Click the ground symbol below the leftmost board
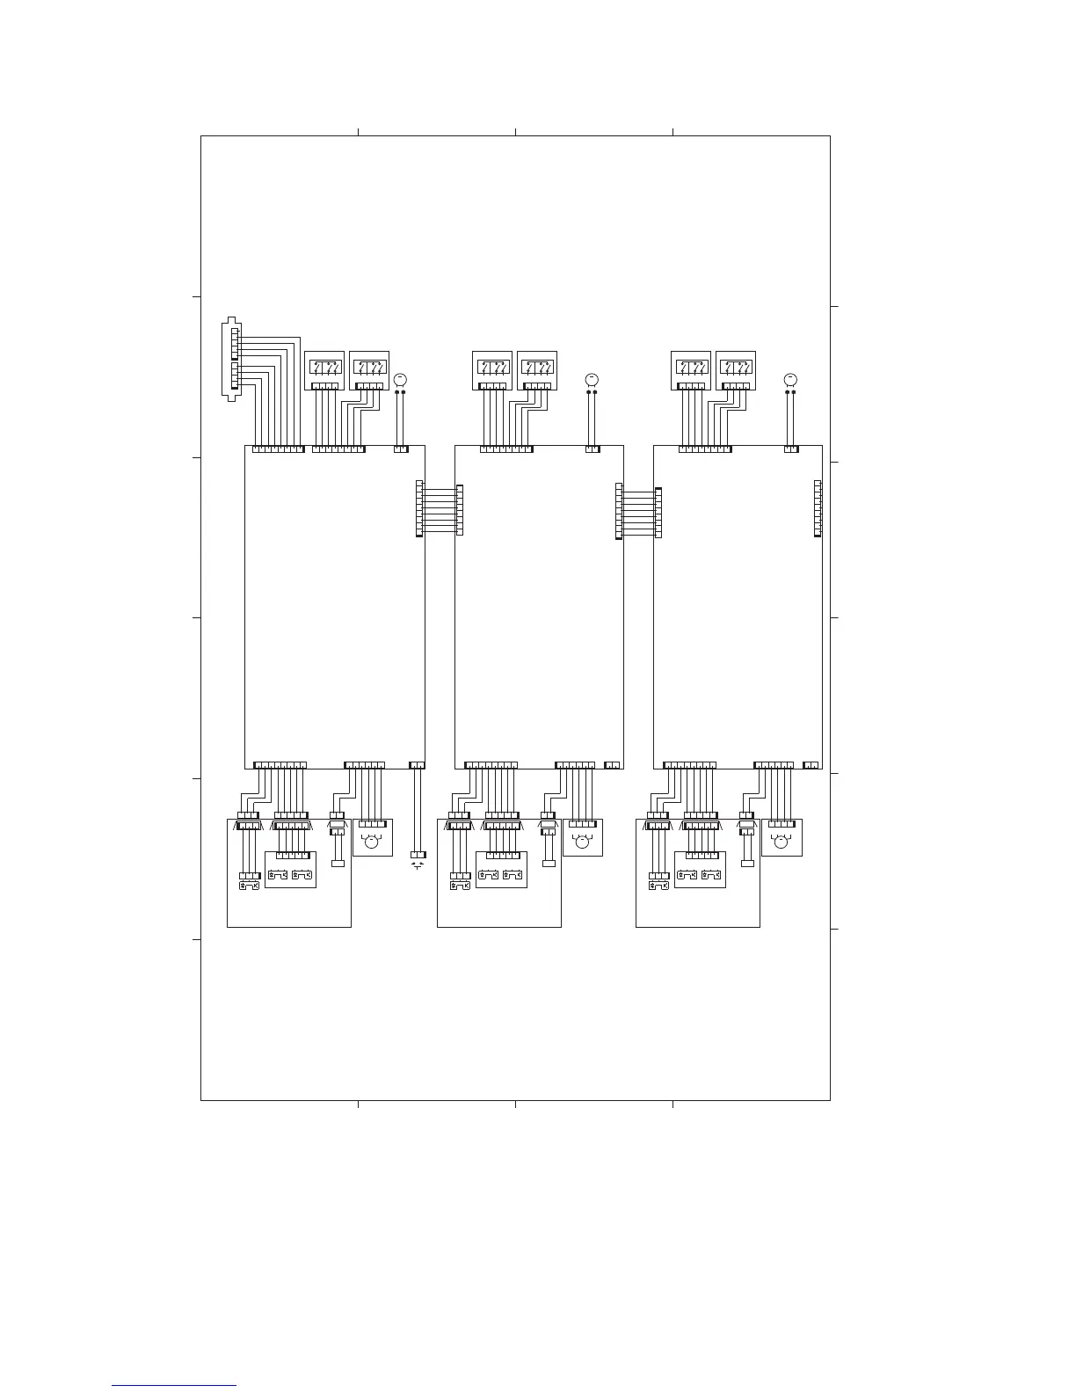click(x=418, y=866)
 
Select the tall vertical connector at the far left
click(x=231, y=360)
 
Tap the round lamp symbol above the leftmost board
click(x=400, y=379)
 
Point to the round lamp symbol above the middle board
click(x=591, y=379)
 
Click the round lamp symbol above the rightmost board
click(x=789, y=379)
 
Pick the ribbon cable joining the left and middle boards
click(x=439, y=510)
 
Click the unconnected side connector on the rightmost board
click(x=818, y=508)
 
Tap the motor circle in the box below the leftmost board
click(x=371, y=842)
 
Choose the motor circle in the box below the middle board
click(x=581, y=842)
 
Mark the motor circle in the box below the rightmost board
click(x=780, y=842)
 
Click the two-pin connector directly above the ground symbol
click(x=418, y=765)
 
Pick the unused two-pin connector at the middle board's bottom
click(x=613, y=765)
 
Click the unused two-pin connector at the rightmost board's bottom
click(x=811, y=765)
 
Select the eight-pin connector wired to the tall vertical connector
click(x=278, y=449)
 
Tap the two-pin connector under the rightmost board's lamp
click(x=791, y=449)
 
